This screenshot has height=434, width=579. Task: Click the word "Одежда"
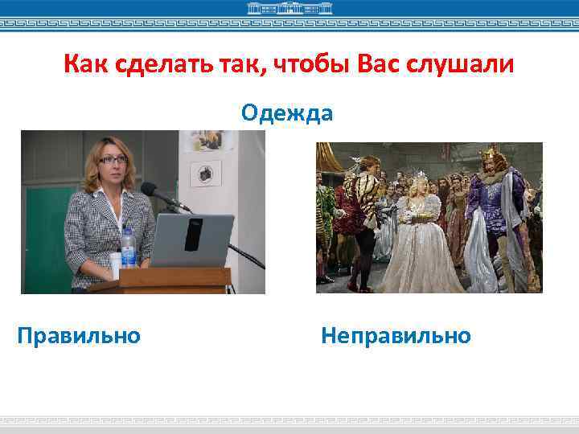coord(287,113)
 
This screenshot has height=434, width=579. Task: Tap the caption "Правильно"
coord(79,334)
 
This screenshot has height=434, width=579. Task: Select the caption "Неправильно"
coord(396,334)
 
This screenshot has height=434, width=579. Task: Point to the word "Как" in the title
coord(84,63)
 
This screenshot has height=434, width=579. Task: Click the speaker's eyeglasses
coord(113,160)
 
